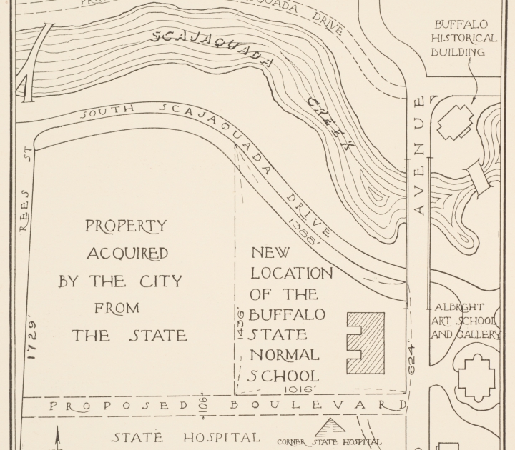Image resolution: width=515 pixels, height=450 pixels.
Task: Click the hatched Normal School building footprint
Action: pos(366,343)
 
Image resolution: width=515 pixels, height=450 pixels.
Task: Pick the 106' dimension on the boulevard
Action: pos(204,406)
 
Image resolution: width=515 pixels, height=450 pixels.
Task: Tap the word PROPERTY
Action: pos(126,226)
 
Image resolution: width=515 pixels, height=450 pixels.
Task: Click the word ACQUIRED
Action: pos(127,254)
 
